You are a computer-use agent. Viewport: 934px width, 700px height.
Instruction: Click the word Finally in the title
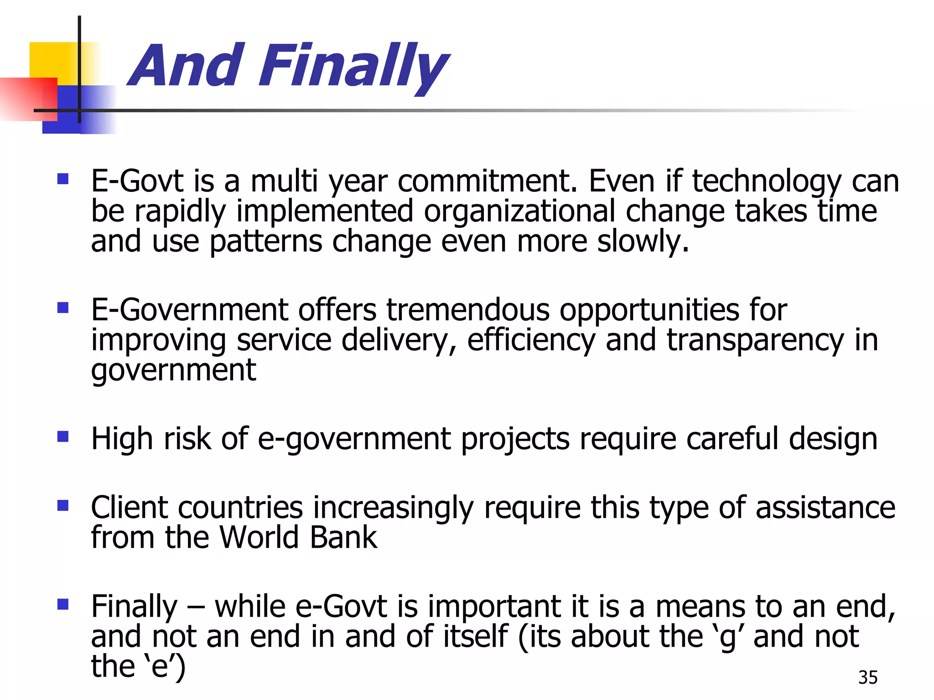coord(353,66)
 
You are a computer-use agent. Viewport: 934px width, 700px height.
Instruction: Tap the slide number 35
coord(867,678)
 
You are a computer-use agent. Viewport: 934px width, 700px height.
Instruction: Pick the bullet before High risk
coord(63,437)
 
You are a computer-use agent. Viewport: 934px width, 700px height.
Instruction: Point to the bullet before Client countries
coord(63,505)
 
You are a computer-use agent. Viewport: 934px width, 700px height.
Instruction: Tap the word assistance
coord(825,507)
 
